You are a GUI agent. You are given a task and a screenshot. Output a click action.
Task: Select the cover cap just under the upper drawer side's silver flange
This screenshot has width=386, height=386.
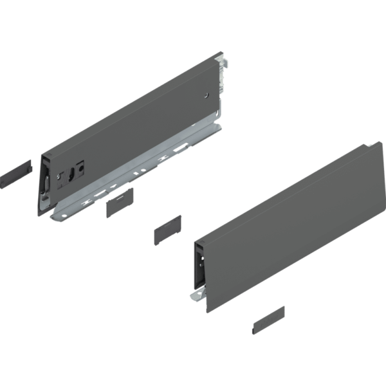coord(119,205)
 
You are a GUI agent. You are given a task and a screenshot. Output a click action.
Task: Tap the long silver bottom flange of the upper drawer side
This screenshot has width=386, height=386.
coord(142,177)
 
